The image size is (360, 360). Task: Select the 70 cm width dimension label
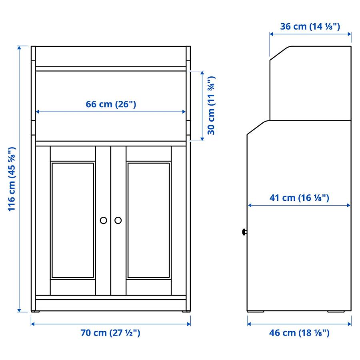coord(111,333)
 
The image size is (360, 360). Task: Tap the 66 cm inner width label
coord(111,104)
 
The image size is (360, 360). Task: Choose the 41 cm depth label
coord(299,198)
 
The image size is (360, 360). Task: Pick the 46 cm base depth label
coord(299,333)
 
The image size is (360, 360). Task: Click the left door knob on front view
coord(103,220)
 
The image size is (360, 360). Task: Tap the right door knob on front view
coord(118,220)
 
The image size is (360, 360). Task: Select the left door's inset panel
coord(72,220)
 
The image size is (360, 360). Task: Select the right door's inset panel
coord(148,220)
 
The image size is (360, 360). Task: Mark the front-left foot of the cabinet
coord(36,311)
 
